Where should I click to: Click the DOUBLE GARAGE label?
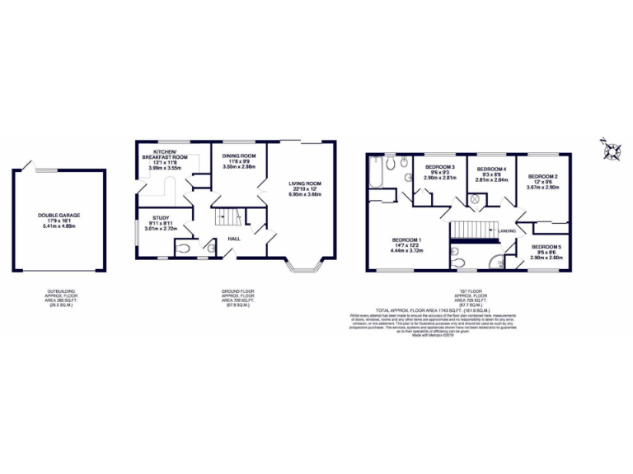pos(59,216)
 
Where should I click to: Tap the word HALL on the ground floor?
pos(234,239)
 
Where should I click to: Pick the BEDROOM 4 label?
pos(491,169)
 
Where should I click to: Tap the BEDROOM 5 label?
pos(546,247)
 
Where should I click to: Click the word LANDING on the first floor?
pos(508,231)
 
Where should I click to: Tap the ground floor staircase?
pos(227,219)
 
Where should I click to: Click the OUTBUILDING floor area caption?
pos(59,296)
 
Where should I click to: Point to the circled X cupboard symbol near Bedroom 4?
pos(475,199)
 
